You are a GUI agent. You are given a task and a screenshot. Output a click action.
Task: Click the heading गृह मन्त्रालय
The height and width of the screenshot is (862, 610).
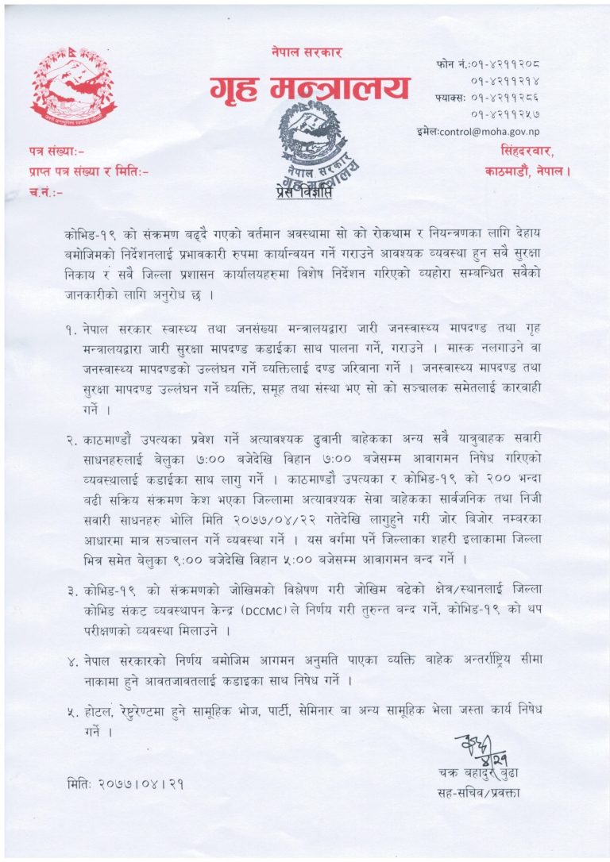click(x=309, y=90)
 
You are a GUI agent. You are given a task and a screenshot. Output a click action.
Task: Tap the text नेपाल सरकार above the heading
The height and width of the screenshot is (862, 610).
click(x=306, y=53)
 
